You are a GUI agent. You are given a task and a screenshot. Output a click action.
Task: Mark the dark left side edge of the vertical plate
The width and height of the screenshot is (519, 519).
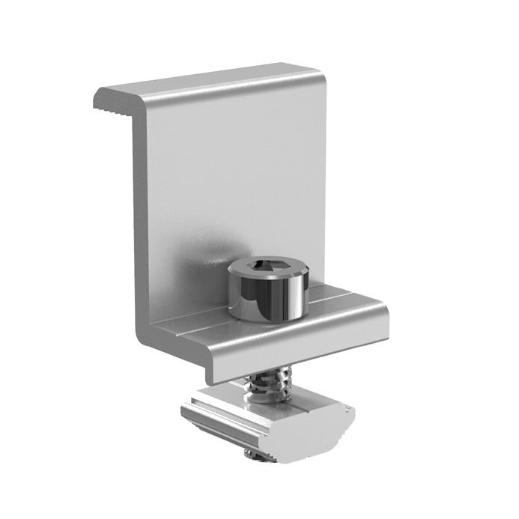(x=139, y=225)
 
